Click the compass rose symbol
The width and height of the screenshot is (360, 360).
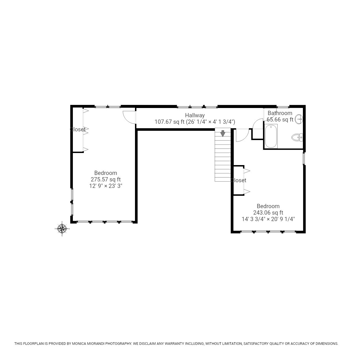(x=62, y=229)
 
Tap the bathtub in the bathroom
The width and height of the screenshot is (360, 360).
(x=271, y=136)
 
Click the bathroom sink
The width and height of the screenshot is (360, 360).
(x=299, y=119)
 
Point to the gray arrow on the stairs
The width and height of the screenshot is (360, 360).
(x=223, y=133)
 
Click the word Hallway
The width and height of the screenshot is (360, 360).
(x=195, y=115)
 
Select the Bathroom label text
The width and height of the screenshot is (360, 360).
(x=280, y=113)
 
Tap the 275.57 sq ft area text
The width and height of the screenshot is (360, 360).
(x=105, y=179)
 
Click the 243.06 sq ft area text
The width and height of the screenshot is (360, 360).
(x=268, y=213)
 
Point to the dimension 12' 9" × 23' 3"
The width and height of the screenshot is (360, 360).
(x=105, y=186)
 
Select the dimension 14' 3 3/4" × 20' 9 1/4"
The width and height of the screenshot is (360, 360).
(x=268, y=219)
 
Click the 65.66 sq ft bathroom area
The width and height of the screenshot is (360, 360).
(x=280, y=120)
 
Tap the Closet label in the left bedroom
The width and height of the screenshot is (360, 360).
(x=78, y=129)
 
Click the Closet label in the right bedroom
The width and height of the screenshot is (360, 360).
(x=238, y=180)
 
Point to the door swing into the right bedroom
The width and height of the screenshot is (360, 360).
(x=241, y=135)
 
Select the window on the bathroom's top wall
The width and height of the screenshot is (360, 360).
(x=283, y=107)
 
